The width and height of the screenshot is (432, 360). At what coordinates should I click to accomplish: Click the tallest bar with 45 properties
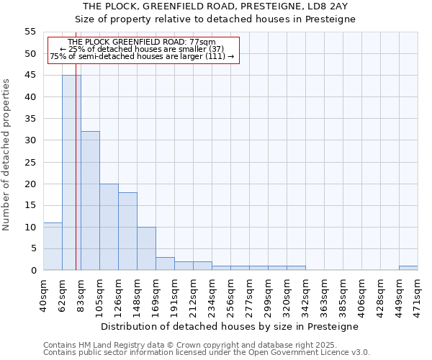[71, 173]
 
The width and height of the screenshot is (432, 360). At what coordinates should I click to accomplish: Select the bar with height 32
[90, 201]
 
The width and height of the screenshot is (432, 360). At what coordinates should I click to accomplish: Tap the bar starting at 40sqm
[53, 246]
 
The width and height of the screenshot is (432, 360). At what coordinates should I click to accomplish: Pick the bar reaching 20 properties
[109, 227]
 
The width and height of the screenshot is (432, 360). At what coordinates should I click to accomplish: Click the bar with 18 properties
[127, 231]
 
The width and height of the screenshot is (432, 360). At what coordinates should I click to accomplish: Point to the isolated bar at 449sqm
[408, 268]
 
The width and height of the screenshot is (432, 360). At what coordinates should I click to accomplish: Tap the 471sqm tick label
[418, 295]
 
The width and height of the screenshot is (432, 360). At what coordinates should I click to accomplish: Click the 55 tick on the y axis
[30, 32]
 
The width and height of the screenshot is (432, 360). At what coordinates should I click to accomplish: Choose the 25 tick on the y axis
[30, 162]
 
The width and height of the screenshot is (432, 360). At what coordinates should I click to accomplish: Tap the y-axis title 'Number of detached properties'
[7, 155]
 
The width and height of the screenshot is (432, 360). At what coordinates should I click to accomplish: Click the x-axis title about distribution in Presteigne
[230, 326]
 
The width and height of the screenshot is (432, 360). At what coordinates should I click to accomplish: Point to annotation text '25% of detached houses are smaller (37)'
[142, 49]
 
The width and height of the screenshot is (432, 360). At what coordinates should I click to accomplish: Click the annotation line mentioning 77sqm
[142, 42]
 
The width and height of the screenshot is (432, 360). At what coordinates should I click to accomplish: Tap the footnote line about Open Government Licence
[207, 352]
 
